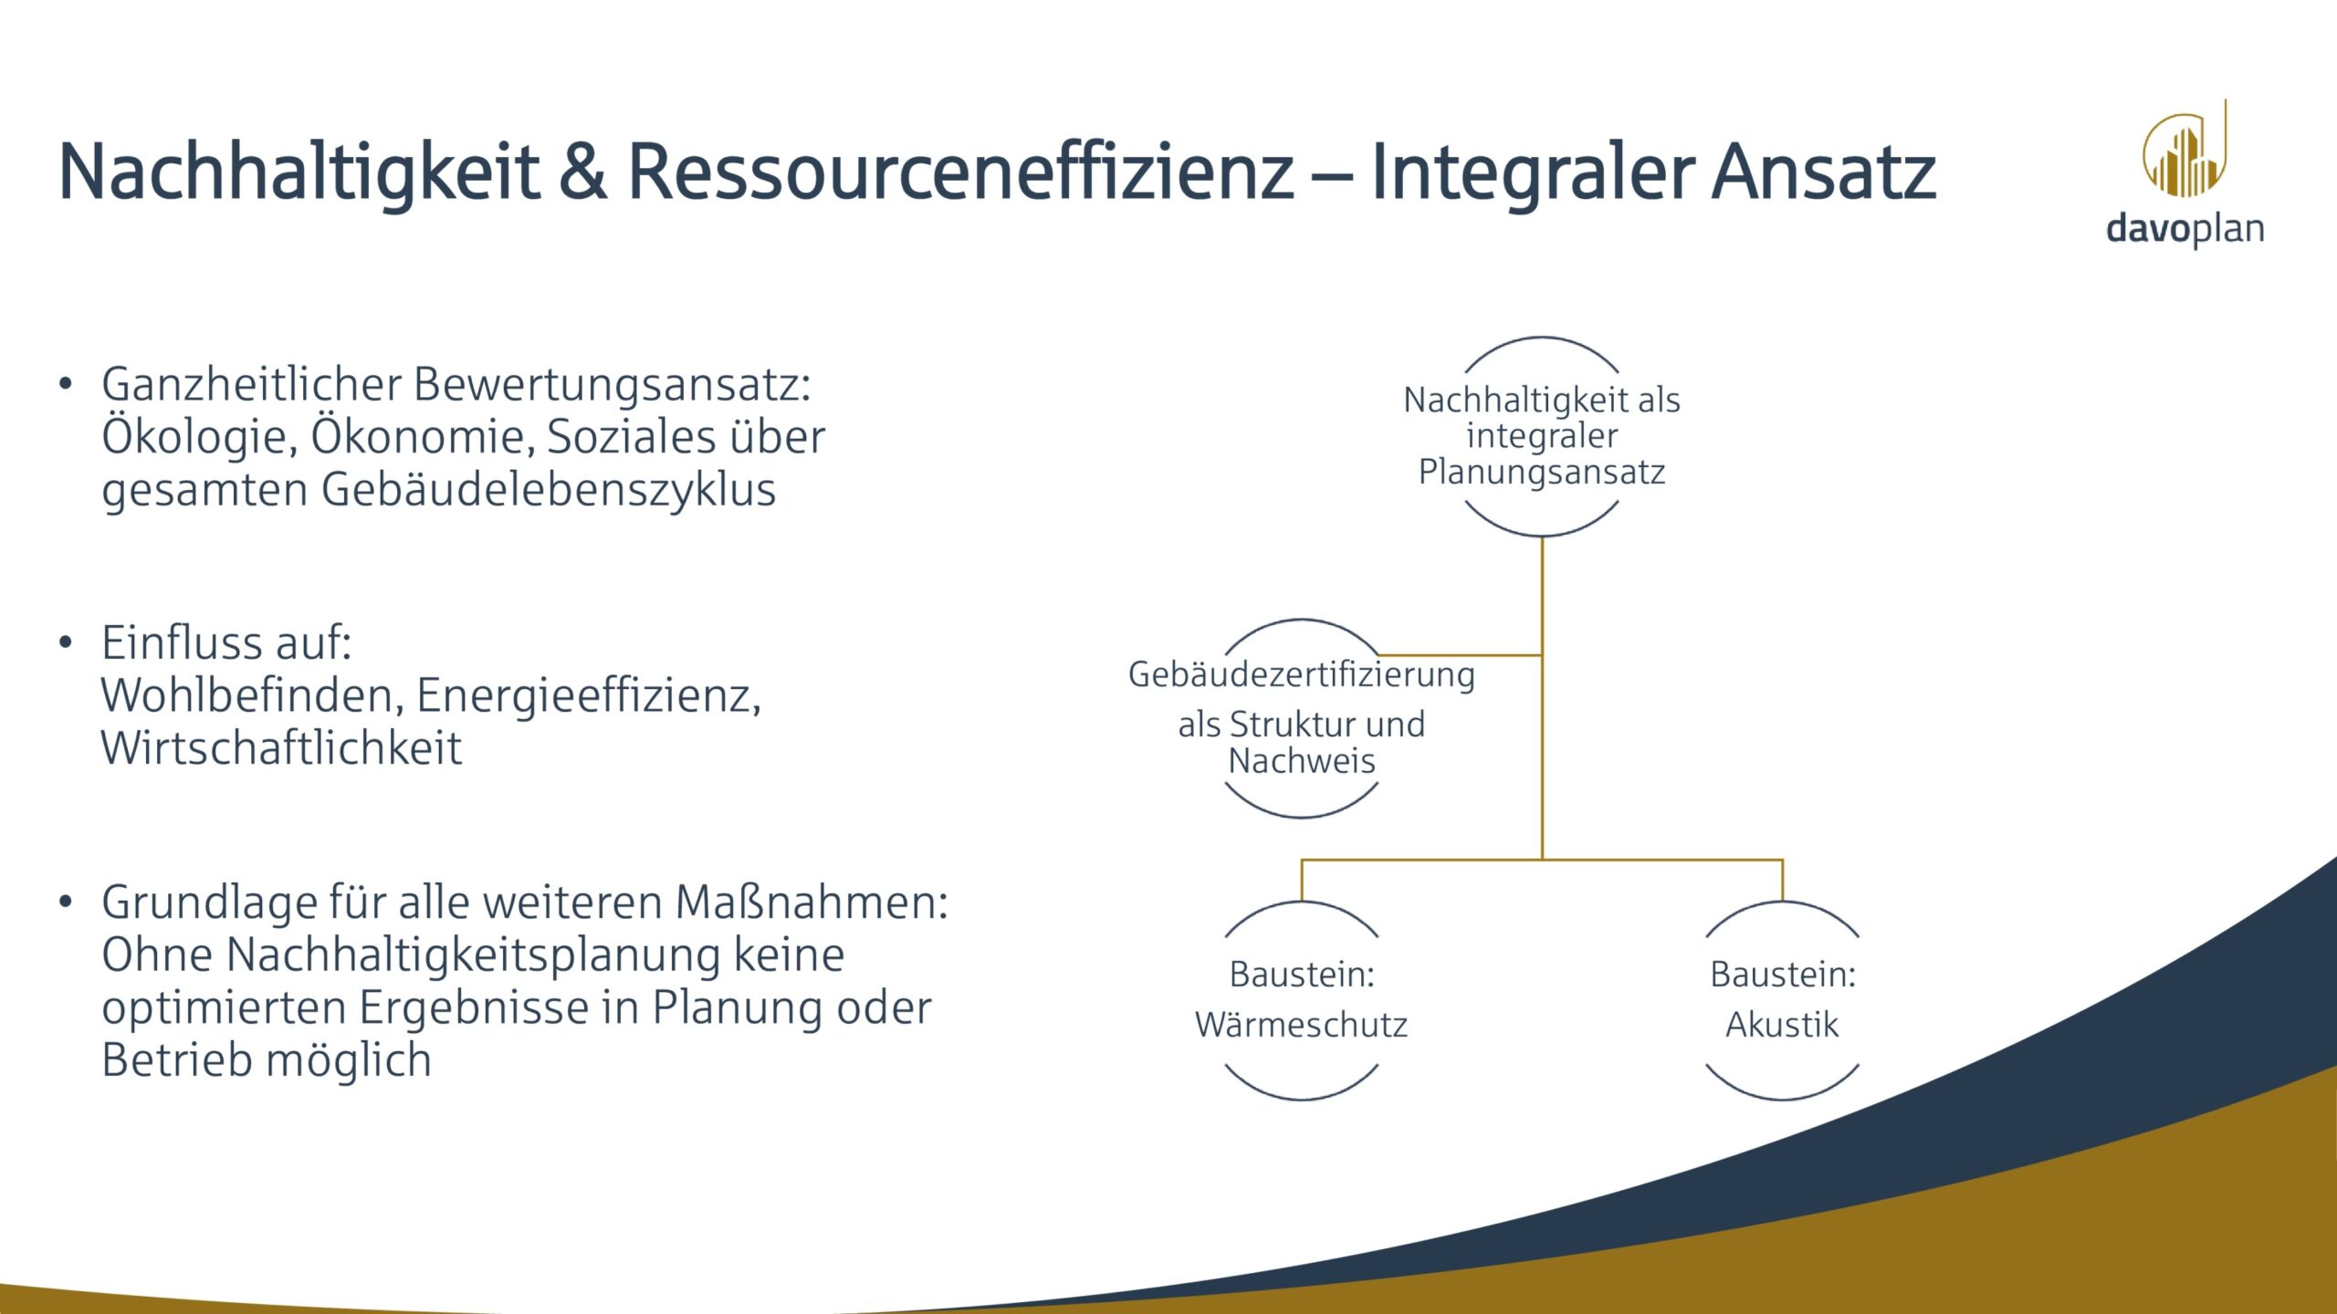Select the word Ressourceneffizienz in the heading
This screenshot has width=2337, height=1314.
pyautogui.click(x=960, y=172)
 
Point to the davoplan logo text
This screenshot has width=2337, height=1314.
pyautogui.click(x=2185, y=228)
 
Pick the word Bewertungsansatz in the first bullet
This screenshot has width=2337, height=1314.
pyautogui.click(x=612, y=385)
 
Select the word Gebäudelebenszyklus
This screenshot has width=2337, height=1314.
pyautogui.click(x=548, y=490)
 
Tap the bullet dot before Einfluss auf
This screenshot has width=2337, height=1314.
pyautogui.click(x=65, y=643)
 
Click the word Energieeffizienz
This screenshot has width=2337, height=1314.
pyautogui.click(x=588, y=696)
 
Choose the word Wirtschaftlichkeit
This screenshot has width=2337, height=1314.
pyautogui.click(x=281, y=748)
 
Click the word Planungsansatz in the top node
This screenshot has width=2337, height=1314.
pyautogui.click(x=1541, y=472)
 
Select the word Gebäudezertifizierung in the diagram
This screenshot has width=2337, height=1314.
pyautogui.click(x=1301, y=675)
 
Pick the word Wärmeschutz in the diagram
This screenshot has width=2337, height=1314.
pyautogui.click(x=1301, y=1025)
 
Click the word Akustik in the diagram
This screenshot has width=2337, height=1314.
pyautogui.click(x=1781, y=1025)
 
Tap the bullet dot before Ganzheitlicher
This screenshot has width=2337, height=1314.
pyautogui.click(x=65, y=384)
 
